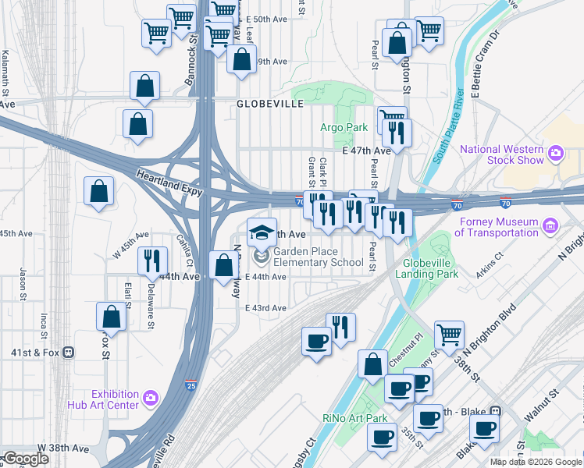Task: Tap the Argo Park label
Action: (344, 127)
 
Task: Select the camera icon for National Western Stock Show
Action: (556, 151)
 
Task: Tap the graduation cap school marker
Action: (262, 232)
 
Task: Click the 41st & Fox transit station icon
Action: (69, 352)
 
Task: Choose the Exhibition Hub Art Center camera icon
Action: (151, 399)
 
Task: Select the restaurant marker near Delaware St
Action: (151, 261)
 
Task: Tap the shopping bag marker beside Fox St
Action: (111, 317)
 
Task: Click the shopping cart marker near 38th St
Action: (449, 335)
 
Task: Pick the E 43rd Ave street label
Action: (265, 308)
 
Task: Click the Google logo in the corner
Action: (26, 459)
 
